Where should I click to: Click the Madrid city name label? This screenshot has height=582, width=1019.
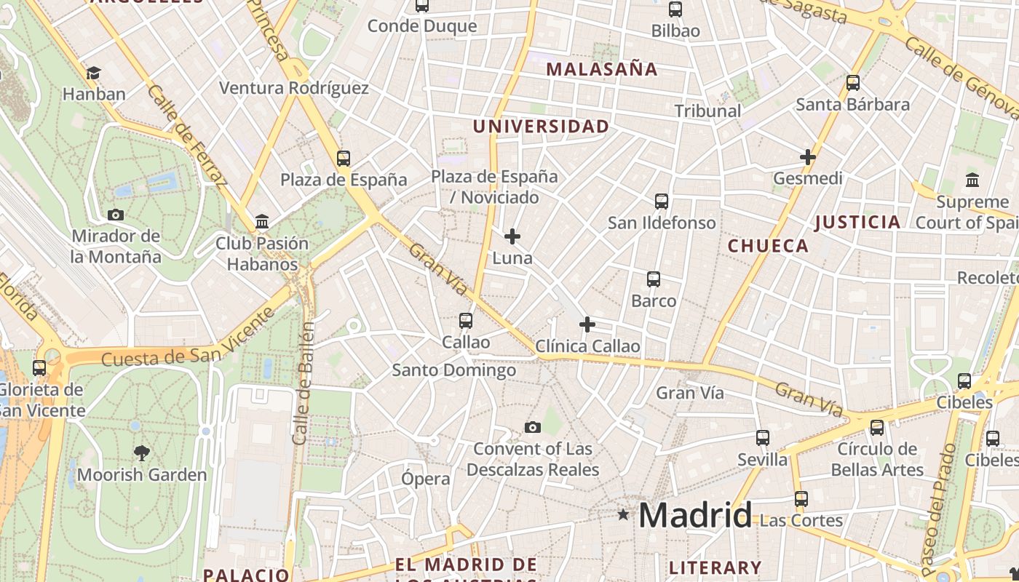coord(695,516)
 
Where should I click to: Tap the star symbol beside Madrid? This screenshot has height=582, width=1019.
coord(623,515)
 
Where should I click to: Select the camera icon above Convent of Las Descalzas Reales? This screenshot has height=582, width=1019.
coord(533,427)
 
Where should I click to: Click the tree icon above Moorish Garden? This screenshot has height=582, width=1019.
coord(142,453)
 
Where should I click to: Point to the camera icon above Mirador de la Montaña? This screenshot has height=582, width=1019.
coord(115,215)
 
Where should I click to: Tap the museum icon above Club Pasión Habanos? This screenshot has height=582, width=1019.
coord(262,221)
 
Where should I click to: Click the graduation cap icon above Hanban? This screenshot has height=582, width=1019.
coord(93,73)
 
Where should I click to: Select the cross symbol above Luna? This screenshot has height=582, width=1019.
coord(512,236)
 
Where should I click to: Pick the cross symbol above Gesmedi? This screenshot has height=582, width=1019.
coord(807,156)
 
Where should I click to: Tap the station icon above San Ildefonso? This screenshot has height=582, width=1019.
coord(662,201)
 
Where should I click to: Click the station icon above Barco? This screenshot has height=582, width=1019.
coord(654,279)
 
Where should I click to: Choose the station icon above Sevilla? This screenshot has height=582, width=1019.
coord(763,438)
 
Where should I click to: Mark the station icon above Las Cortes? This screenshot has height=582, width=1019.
coord(801,499)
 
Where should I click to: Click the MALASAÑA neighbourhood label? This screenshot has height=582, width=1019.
coord(602,70)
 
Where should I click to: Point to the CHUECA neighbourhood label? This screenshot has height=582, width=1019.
coord(768,246)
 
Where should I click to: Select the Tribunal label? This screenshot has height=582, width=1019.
coord(707,111)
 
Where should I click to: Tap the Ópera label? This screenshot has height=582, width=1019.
coord(426,479)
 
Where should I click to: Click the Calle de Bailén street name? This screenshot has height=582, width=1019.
coord(304,383)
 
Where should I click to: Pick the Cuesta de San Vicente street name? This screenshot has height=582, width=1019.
coord(188,338)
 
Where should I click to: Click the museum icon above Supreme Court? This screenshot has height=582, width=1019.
coord(972,180)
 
